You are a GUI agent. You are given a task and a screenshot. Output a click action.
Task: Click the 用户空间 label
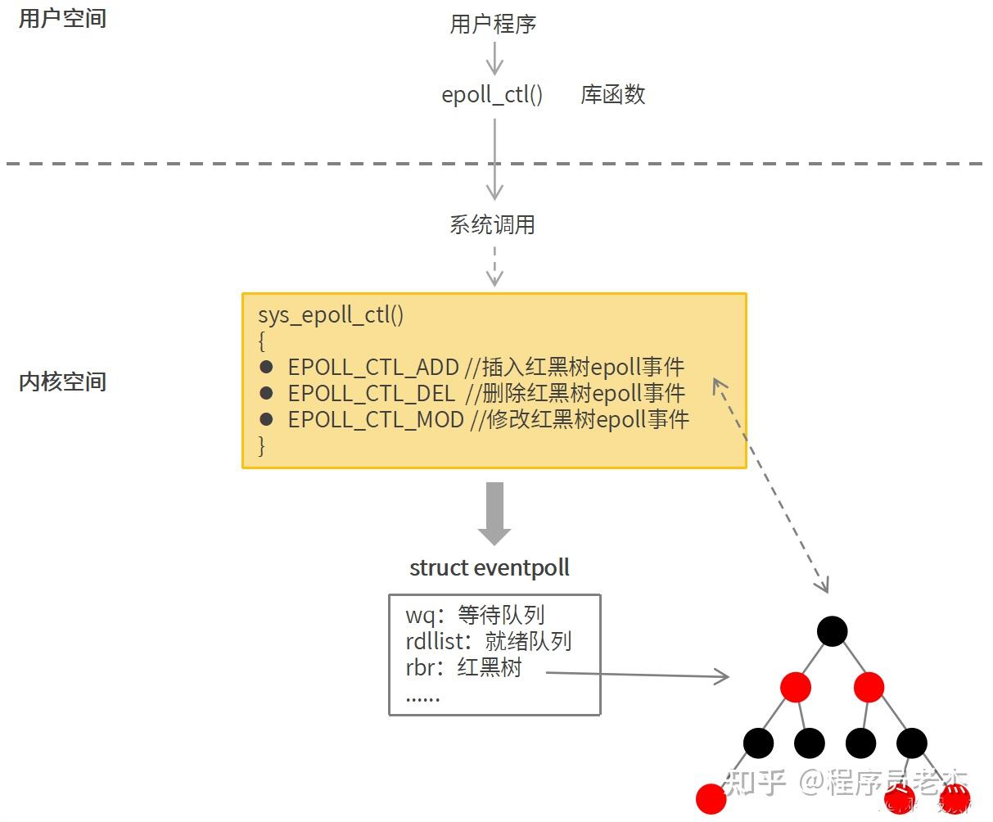click(x=62, y=18)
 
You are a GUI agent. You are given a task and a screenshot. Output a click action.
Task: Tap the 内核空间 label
click(x=62, y=382)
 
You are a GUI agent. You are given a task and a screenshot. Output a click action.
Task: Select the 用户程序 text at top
click(x=493, y=24)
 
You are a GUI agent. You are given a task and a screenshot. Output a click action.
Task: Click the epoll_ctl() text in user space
click(x=492, y=95)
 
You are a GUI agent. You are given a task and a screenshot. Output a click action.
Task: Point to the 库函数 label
click(x=612, y=95)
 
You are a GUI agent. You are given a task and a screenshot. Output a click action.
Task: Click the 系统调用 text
click(x=492, y=224)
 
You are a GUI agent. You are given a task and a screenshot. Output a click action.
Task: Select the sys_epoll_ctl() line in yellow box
click(x=331, y=315)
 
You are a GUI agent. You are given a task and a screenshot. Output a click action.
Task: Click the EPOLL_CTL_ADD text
click(x=372, y=367)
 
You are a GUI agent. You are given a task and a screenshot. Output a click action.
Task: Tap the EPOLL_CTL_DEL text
click(x=371, y=393)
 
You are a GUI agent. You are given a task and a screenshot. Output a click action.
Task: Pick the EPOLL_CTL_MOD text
click(x=376, y=420)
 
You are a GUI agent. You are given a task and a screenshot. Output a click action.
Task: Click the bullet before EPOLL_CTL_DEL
click(x=265, y=393)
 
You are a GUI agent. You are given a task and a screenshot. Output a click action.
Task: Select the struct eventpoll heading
click(x=490, y=567)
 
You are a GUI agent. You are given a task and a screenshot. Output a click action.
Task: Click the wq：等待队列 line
click(x=475, y=615)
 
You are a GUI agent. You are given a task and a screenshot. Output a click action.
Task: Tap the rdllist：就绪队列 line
click(x=488, y=641)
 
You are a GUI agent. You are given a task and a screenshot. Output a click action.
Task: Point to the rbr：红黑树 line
click(x=463, y=667)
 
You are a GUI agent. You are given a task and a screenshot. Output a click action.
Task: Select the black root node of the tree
click(x=832, y=631)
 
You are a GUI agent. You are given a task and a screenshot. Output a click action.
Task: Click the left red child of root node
click(x=795, y=687)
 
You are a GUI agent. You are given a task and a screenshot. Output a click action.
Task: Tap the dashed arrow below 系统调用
click(x=494, y=266)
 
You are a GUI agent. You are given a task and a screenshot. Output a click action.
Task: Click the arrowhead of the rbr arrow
click(x=722, y=676)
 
